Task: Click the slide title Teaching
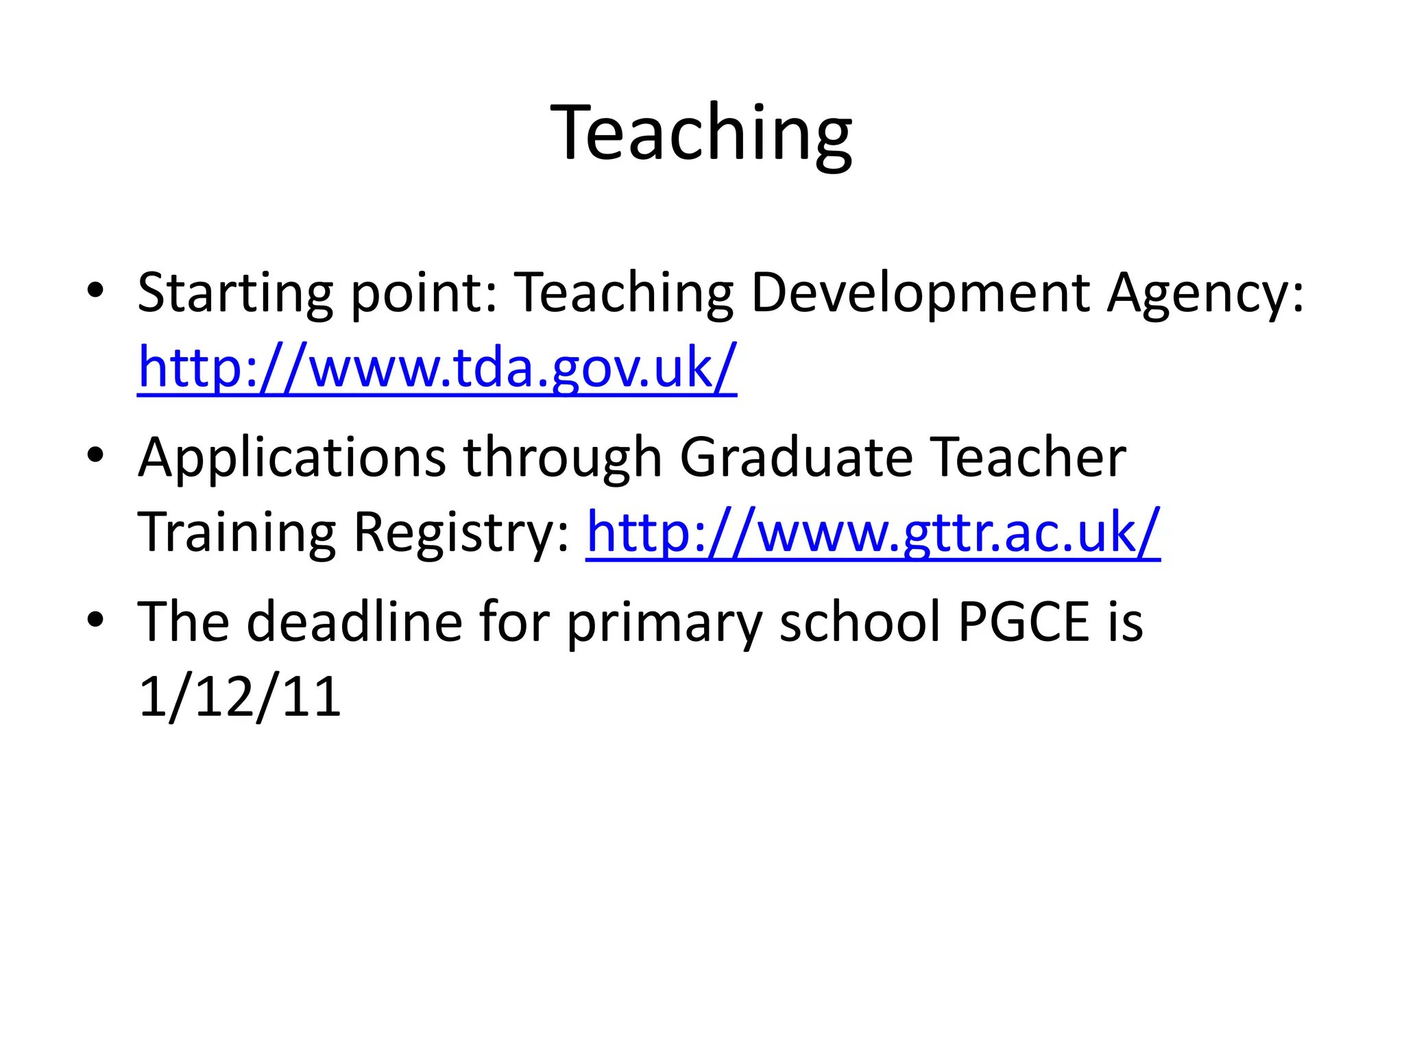[701, 133]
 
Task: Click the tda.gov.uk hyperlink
[437, 368]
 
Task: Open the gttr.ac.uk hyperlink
[873, 533]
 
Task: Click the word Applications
[292, 458]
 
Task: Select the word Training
[237, 533]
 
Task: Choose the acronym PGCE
[1024, 622]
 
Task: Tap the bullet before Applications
[95, 455]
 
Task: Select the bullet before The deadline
[95, 619]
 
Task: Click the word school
[860, 622]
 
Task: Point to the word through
[563, 458]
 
